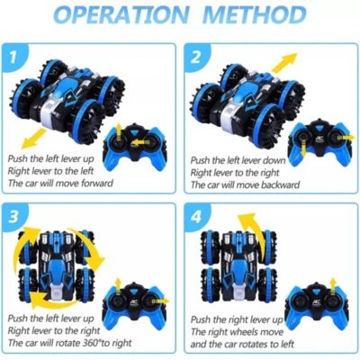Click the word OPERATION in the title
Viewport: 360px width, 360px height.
point(121,14)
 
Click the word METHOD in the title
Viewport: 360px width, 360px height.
point(256,14)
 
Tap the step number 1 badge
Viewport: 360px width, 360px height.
point(13,57)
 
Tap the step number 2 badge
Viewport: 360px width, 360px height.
point(195,57)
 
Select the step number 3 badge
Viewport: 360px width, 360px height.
point(13,217)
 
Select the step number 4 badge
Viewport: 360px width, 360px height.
point(196,217)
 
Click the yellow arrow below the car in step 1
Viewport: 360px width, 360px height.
point(34,138)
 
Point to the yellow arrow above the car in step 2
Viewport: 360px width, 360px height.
point(284,62)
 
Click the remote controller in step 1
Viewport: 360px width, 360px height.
point(135,147)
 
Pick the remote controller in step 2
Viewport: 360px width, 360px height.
point(319,142)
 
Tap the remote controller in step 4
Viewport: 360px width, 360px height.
point(317,305)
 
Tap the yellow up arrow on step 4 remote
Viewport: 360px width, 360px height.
point(332,286)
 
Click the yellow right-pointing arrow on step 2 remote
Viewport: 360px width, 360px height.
point(346,138)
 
